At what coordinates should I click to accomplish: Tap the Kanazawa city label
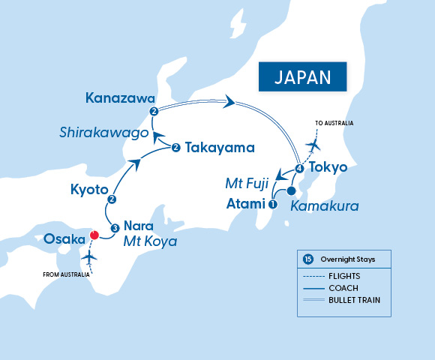pos(120,98)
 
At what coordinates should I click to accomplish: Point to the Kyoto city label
pos(90,187)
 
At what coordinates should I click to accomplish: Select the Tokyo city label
pos(328,167)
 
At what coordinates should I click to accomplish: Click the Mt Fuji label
pos(247,182)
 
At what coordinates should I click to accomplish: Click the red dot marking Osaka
pos(94,234)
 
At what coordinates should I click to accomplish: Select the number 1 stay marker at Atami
pos(272,203)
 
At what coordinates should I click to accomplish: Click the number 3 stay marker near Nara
pos(115,228)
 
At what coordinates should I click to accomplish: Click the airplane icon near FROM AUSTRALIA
pos(91,256)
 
